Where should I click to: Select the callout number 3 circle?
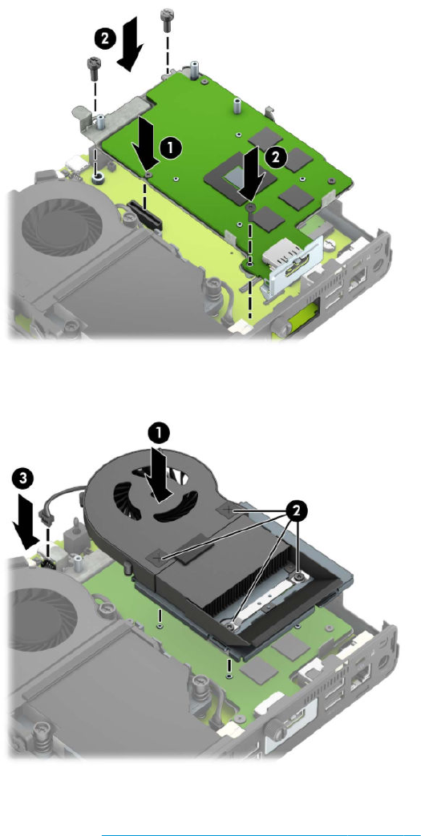(22, 478)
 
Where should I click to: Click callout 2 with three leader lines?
(297, 511)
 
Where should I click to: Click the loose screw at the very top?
(168, 17)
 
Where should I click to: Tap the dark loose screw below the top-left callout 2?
(94, 66)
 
